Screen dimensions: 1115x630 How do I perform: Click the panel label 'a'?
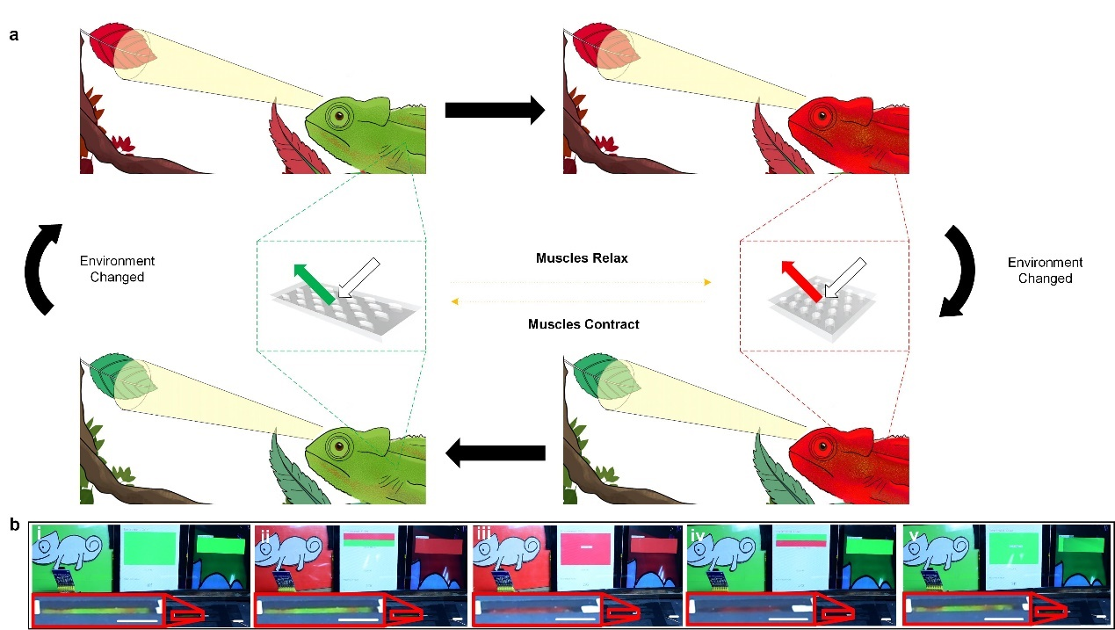point(14,35)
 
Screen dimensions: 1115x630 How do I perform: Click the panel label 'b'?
point(15,525)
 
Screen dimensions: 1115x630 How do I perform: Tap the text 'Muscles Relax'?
point(582,258)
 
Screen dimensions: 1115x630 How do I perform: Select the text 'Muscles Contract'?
point(583,324)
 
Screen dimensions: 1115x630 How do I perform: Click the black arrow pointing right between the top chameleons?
point(495,110)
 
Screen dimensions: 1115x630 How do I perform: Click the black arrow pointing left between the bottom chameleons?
point(496,453)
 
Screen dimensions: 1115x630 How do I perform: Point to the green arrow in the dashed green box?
point(314,284)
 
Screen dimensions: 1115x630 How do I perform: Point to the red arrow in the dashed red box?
point(801,280)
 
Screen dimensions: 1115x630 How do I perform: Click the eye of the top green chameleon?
point(339,116)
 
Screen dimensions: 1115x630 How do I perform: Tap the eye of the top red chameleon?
point(822,117)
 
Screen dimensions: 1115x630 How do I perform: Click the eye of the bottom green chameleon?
point(339,445)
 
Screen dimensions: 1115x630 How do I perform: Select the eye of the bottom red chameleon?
point(822,446)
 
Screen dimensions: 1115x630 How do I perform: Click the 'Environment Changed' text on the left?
point(118,269)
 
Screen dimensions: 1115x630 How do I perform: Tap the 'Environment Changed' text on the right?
point(1045,271)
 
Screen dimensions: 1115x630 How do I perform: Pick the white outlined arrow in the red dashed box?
point(845,279)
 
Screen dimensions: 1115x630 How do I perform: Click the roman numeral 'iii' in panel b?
point(483,534)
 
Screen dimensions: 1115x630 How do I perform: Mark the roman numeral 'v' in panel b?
point(914,535)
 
